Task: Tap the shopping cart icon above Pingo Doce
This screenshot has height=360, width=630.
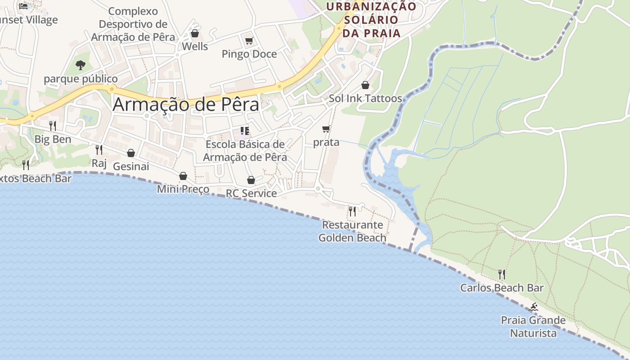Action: (x=249, y=41)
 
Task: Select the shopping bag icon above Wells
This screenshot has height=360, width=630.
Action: (x=195, y=33)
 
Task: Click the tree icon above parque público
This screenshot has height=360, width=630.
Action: (x=81, y=65)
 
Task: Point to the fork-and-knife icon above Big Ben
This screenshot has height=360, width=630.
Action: (x=53, y=126)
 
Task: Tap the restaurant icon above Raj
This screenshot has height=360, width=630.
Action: (x=99, y=149)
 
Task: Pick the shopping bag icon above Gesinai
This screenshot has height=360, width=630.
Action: (x=131, y=153)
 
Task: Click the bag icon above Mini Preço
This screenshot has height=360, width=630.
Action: (x=183, y=176)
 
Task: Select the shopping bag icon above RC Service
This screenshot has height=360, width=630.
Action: (x=251, y=180)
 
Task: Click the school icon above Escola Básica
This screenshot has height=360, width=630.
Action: (x=245, y=131)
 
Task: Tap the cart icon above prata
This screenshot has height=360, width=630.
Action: (x=326, y=129)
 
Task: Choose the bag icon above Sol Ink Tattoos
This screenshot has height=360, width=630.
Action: (x=365, y=85)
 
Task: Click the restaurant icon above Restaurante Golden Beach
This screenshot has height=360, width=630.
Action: (x=352, y=211)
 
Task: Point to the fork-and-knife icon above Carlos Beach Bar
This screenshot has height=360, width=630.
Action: (x=502, y=274)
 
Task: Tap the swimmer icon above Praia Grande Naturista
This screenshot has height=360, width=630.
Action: (x=533, y=307)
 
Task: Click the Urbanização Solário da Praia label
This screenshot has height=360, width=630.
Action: (x=371, y=20)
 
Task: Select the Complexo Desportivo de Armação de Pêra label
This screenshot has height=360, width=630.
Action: (x=133, y=24)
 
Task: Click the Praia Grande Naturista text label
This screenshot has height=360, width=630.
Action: (x=533, y=327)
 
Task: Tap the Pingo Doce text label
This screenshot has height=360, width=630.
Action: (x=249, y=54)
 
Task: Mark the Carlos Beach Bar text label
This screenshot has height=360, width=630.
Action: (x=502, y=288)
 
